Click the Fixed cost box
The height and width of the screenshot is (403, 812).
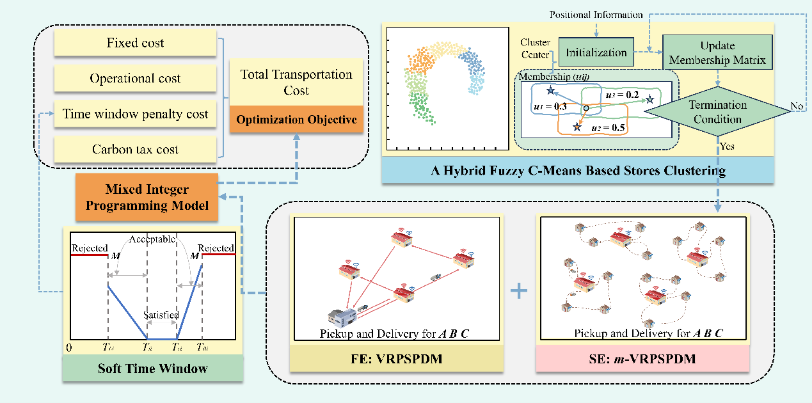pos(135,43)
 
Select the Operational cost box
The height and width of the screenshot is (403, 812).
pos(135,79)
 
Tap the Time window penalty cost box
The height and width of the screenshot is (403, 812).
pos(135,115)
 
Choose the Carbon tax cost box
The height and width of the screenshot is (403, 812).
pos(135,150)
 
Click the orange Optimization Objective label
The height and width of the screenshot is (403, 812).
pos(296,120)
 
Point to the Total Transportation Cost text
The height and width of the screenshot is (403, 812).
pos(296,82)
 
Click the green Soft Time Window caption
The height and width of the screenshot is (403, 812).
pos(152,368)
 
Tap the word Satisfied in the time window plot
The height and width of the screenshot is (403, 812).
pos(161,315)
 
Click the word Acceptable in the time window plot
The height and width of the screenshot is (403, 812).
pos(152,239)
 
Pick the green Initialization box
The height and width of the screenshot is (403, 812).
pos(596,52)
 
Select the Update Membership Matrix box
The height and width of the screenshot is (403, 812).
pos(717,52)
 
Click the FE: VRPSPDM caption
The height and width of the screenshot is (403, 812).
pos(396,359)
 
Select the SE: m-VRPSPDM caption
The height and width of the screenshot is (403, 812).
pos(644,359)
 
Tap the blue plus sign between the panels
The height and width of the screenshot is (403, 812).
pos(519,292)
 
